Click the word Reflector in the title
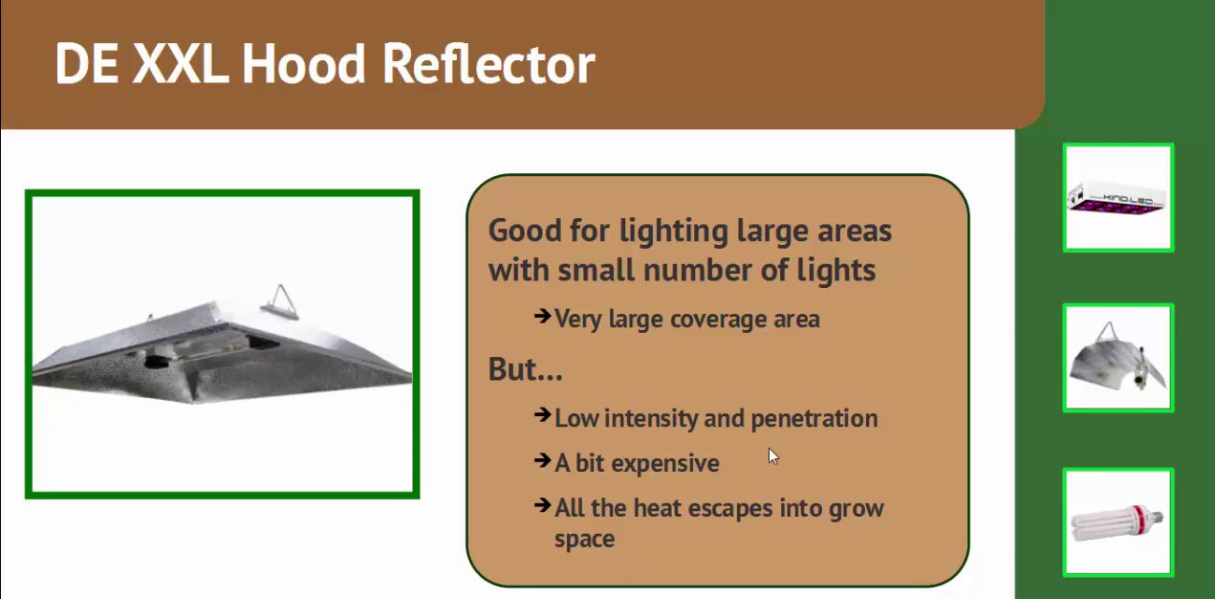coord(488,64)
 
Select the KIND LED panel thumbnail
coord(1117,198)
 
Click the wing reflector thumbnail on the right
coord(1117,358)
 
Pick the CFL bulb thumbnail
coord(1117,521)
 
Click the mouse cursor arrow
coord(772,455)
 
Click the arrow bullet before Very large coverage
coord(542,316)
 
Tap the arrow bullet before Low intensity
coord(542,416)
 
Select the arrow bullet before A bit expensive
coord(542,461)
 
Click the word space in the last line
coord(584,539)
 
